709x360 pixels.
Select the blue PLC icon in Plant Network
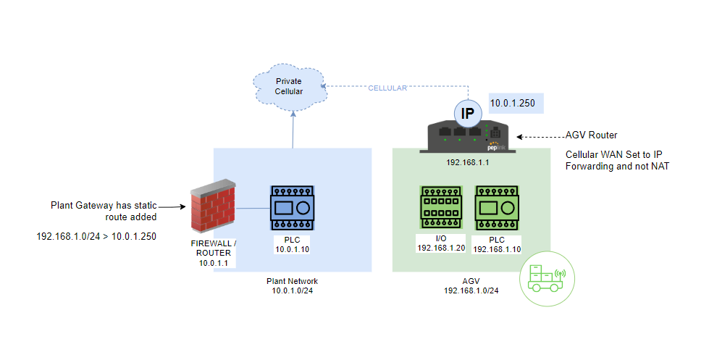(293, 207)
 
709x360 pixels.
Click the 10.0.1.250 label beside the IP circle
(513, 104)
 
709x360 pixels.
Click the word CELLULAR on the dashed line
(387, 88)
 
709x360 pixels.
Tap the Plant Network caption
(293, 281)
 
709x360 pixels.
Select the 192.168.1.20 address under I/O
(440, 248)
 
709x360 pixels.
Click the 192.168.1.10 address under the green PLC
(497, 248)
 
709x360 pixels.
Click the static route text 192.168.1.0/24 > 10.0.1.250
(97, 236)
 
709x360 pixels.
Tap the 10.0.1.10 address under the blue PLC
(293, 248)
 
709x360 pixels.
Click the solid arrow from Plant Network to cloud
(293, 130)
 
